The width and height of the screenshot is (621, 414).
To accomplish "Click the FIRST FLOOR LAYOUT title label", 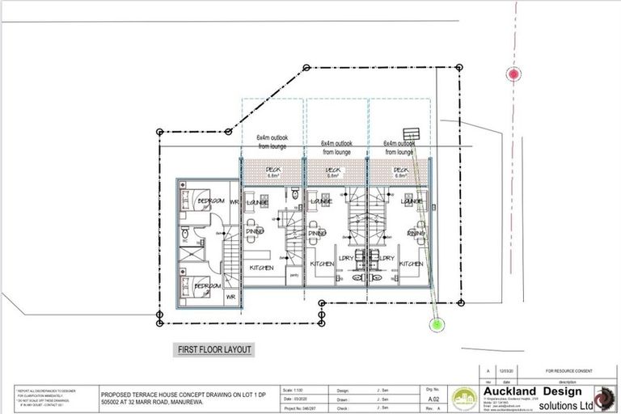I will [214, 350].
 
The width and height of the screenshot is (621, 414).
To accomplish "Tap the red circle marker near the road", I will [513, 74].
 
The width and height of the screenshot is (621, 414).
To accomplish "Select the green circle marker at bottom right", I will [437, 325].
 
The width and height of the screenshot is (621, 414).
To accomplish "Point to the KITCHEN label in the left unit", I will [261, 268].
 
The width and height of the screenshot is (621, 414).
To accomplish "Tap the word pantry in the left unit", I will [293, 276].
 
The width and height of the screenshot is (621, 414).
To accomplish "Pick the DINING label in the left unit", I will [256, 232].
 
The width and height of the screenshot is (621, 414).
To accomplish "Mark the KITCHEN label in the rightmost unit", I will [411, 264].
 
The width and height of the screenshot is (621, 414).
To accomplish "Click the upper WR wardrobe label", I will [233, 201].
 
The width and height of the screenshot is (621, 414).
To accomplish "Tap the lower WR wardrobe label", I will [230, 297].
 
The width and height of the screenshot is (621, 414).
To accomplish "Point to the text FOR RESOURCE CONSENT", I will [564, 367].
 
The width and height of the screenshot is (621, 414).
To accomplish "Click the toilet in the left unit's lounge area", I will [296, 196].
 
